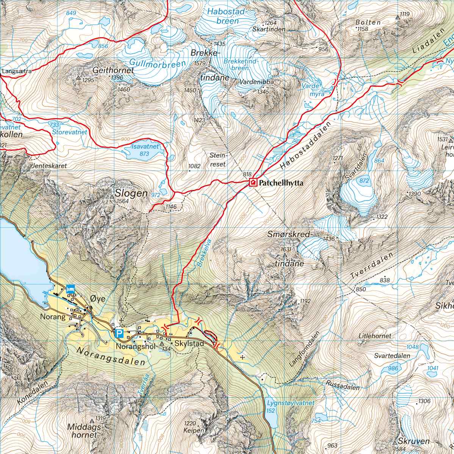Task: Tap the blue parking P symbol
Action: [119, 334]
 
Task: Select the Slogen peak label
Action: [131, 193]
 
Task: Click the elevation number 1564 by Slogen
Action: [123, 201]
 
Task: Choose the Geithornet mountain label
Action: [114, 70]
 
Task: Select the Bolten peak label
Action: [368, 22]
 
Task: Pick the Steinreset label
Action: [218, 159]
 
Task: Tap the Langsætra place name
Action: [16, 71]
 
